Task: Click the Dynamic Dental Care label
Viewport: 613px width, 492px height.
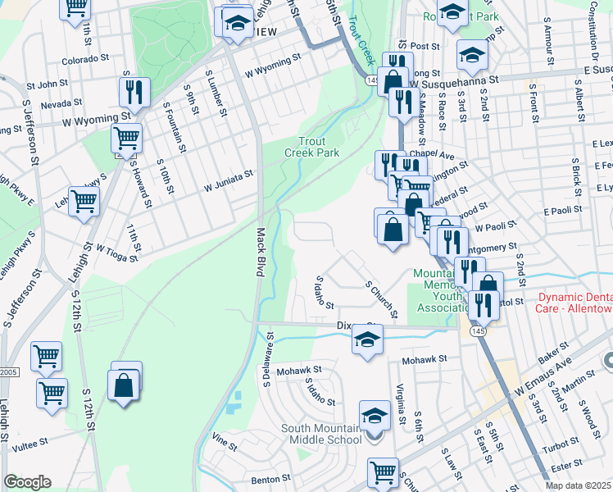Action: [574, 302]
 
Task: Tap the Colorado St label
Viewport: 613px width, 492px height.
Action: [85, 59]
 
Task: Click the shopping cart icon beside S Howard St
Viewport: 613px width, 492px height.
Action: [126, 138]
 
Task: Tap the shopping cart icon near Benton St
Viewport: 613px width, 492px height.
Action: [383, 472]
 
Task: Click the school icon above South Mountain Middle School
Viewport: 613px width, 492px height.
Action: [375, 415]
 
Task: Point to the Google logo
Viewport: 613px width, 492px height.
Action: [27, 482]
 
